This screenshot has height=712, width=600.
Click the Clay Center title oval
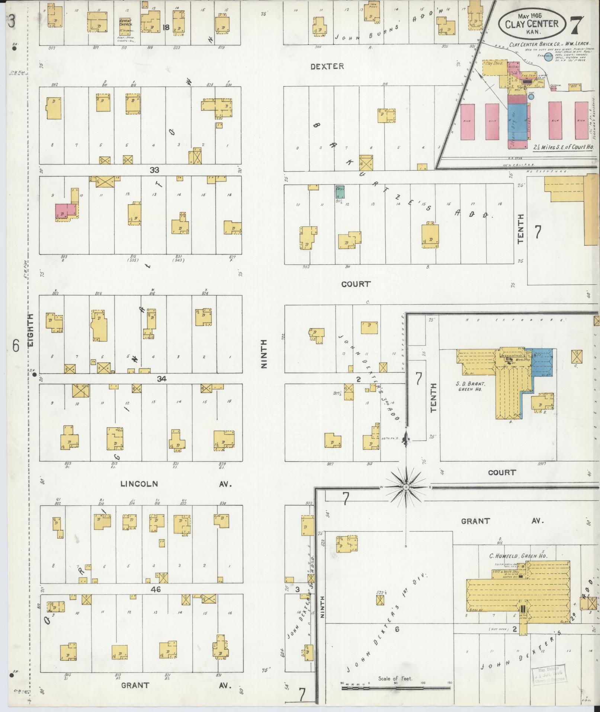point(532,23)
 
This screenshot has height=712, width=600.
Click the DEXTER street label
point(327,66)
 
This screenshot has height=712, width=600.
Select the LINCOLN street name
point(139,484)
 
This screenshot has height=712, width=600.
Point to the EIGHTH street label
point(31,331)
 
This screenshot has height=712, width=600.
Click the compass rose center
point(406,486)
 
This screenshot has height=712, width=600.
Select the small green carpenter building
point(340,192)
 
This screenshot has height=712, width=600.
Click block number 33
point(154,170)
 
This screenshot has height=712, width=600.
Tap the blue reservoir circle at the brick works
point(548,57)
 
